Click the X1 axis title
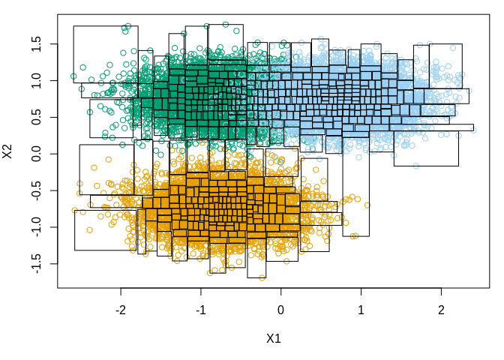[273, 338]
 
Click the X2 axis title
[9, 151]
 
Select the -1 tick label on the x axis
[201, 310]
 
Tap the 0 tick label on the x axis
[281, 310]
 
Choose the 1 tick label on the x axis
[361, 310]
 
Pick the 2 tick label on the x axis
[441, 310]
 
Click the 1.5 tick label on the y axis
[35, 43]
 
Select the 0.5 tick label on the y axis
[35, 117]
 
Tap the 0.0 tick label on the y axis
[35, 154]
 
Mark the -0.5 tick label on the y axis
[35, 190]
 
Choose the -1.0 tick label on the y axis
[35, 227]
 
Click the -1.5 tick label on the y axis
[35, 264]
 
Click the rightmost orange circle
[367, 205]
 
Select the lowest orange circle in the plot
[262, 277]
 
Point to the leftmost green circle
[73, 76]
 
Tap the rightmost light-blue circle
[473, 130]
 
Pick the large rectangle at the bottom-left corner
[106, 225]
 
